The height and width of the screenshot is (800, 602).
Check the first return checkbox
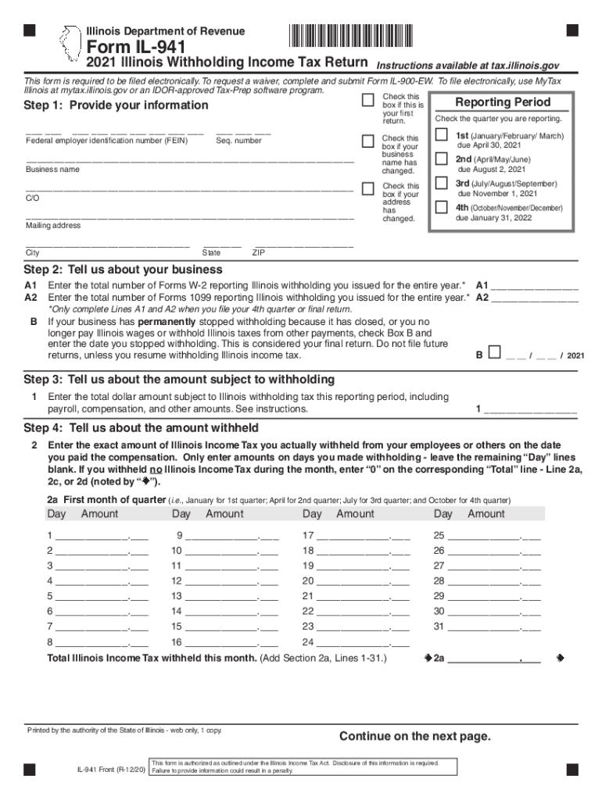tap(367, 101)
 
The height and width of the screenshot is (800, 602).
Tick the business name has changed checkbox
tap(367, 141)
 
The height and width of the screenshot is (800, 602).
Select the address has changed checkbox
tap(367, 189)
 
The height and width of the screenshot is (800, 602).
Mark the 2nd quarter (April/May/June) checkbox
tap(441, 160)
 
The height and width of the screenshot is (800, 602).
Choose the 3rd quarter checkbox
tap(441, 184)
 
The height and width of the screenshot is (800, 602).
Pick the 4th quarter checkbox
tap(441, 209)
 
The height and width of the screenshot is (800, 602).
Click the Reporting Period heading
tap(503, 102)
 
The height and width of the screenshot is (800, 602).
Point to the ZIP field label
tap(259, 253)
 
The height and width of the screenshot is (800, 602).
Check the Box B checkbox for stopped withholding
tap(493, 353)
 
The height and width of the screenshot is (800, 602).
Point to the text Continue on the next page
tap(414, 737)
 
